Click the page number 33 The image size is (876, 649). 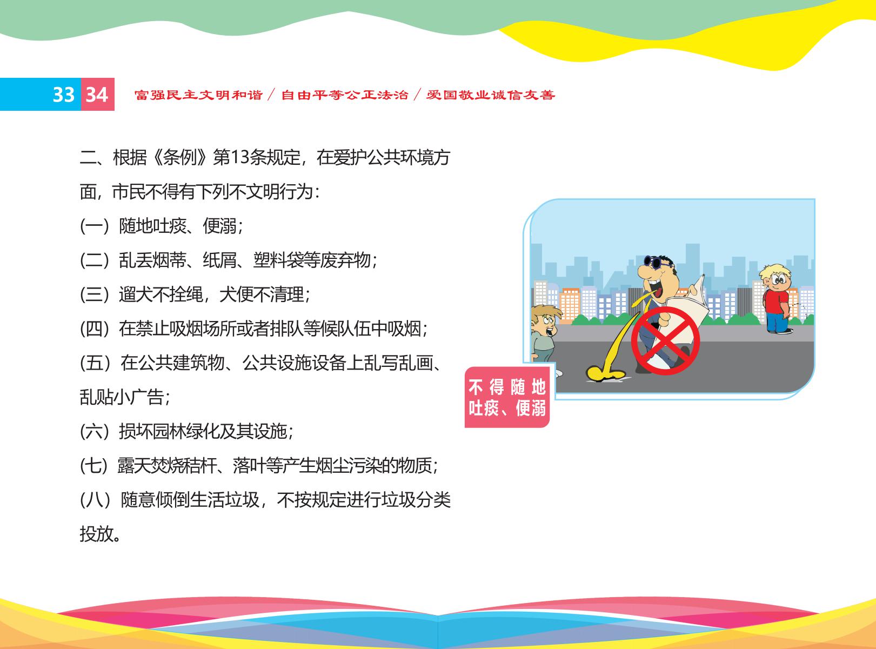click(x=64, y=95)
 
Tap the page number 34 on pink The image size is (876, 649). click(x=97, y=95)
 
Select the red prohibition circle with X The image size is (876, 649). click(x=665, y=340)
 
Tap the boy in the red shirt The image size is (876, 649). click(x=777, y=299)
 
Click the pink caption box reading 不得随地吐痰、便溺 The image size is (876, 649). click(x=507, y=397)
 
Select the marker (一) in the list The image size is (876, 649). click(x=94, y=226)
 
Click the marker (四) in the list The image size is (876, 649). click(x=94, y=329)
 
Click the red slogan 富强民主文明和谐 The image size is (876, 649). click(x=198, y=95)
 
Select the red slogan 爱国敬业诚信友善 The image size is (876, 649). click(x=491, y=95)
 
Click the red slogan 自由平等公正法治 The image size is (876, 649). click(x=344, y=95)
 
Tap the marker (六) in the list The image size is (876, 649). click(x=94, y=431)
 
